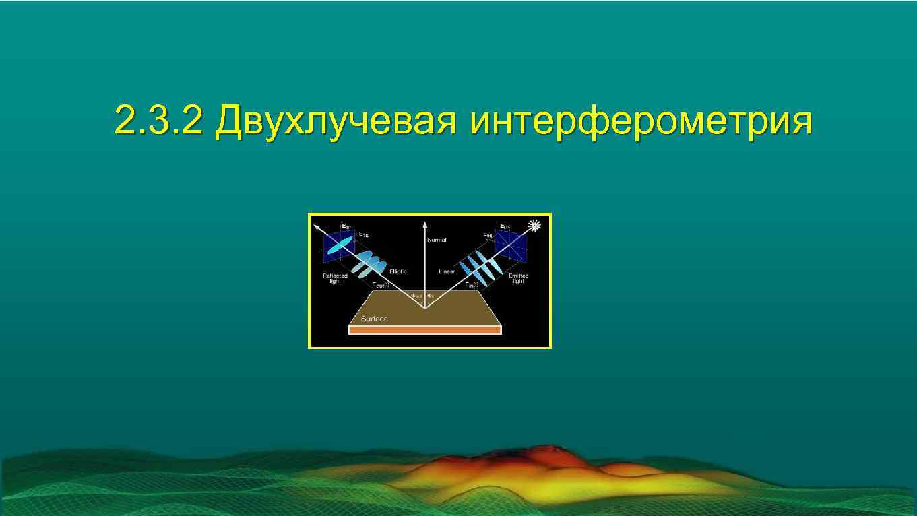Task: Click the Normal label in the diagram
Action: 437,240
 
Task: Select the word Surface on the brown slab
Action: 375,319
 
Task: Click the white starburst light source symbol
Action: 535,226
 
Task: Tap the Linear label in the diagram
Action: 447,272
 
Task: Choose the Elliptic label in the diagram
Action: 398,271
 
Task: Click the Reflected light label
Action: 335,278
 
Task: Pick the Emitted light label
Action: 518,278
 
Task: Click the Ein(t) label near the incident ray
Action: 472,285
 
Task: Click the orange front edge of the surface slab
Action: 424,331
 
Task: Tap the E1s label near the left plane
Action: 363,234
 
